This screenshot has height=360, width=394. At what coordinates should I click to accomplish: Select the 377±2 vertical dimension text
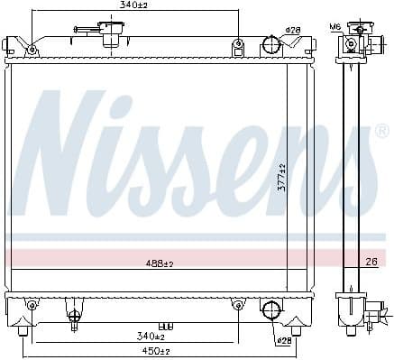tap(281, 177)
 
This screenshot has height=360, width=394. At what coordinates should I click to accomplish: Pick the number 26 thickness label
tap(371, 263)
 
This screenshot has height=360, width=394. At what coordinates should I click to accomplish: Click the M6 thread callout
tap(335, 27)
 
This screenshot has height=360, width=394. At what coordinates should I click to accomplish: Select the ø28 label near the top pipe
tap(292, 31)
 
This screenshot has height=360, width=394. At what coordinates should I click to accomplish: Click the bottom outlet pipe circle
tap(270, 309)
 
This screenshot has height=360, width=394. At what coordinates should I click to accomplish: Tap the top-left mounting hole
tap(32, 48)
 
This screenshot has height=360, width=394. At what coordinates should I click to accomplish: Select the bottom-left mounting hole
tap(32, 304)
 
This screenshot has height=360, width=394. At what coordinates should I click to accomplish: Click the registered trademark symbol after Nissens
tap(381, 133)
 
